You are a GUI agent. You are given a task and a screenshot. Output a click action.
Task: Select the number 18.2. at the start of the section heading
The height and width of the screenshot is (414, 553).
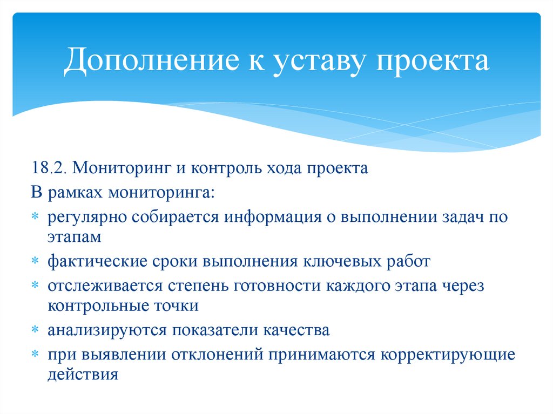coord(49,168)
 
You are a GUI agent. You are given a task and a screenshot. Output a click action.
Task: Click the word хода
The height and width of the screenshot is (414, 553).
coord(284,168)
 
